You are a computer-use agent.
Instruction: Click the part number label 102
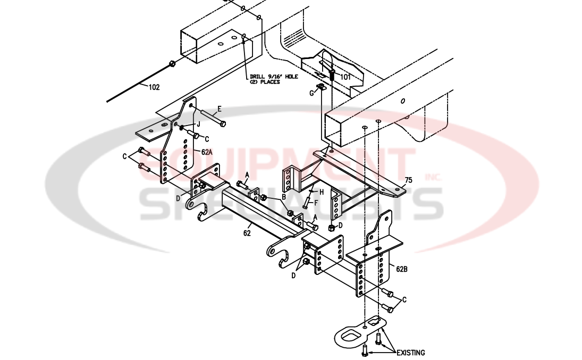point(153,88)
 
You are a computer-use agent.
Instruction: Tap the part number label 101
point(345,77)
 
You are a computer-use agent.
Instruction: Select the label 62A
point(207,151)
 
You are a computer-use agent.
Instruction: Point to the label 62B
point(402,269)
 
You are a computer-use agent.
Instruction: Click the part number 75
point(408,180)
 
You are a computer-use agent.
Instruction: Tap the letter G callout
point(312,94)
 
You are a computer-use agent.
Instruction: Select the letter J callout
point(198,124)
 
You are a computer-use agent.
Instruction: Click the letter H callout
point(322,191)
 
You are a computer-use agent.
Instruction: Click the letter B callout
point(284,196)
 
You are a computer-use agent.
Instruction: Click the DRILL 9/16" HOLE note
point(273,79)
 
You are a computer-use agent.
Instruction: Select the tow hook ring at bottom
point(350,336)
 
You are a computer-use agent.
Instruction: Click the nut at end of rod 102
point(172,64)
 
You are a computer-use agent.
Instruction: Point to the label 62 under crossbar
point(247,232)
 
